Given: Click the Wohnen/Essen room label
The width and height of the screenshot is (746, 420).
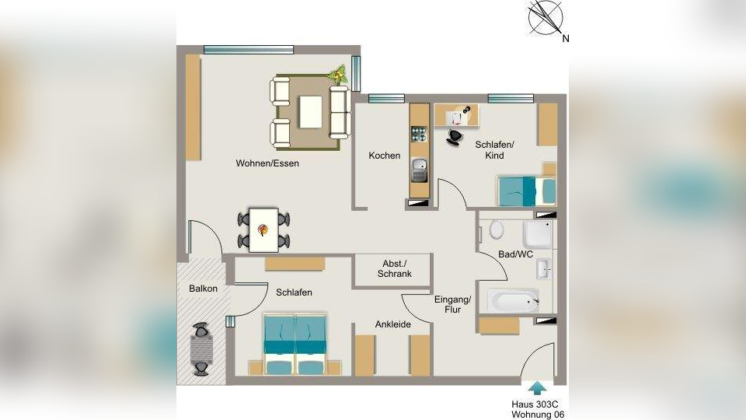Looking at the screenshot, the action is [267, 163].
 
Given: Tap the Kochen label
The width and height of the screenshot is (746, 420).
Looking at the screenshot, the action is [385, 156].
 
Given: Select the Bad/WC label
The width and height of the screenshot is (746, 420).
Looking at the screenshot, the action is [515, 255].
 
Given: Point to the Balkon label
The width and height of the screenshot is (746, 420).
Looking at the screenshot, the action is [203, 289].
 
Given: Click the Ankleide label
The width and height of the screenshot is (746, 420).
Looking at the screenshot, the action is [393, 324].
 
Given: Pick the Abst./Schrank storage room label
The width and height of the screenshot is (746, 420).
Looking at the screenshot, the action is [395, 268].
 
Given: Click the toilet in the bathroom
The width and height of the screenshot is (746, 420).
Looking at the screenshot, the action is [497, 229].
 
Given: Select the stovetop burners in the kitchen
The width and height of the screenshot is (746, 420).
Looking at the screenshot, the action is [419, 134].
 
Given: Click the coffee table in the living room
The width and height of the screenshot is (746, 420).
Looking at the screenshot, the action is [310, 112].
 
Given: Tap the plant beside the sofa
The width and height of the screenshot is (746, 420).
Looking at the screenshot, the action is [338, 74].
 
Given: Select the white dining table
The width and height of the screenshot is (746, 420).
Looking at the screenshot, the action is [264, 229].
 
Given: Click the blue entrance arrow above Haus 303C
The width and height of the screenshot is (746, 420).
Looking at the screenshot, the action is [537, 388].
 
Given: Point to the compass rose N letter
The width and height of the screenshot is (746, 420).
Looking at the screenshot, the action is [565, 39].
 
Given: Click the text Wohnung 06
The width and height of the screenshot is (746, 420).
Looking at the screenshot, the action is [538, 415].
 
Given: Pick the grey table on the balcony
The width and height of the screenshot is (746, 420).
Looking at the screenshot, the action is [202, 349].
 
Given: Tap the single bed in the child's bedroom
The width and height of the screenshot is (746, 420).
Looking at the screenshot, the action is [527, 191].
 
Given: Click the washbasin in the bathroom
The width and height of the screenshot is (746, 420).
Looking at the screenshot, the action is [544, 269].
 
